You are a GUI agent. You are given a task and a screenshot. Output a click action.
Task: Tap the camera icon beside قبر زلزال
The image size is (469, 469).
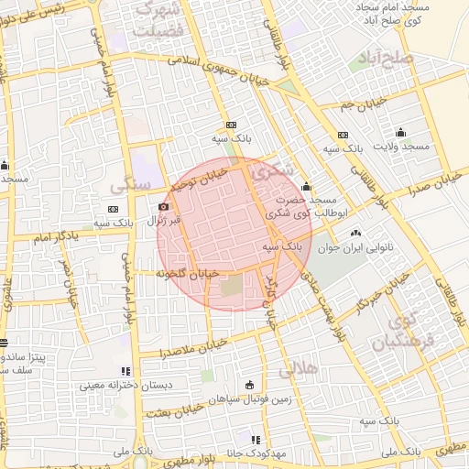point(163,207)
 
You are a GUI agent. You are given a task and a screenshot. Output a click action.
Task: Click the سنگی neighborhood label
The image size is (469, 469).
point(129,184)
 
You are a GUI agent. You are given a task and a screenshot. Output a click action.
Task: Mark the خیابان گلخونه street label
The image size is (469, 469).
point(187,273)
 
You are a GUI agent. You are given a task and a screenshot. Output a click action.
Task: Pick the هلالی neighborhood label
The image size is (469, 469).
point(296,371)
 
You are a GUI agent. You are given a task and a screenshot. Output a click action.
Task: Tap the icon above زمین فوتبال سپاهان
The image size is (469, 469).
point(250,385)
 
